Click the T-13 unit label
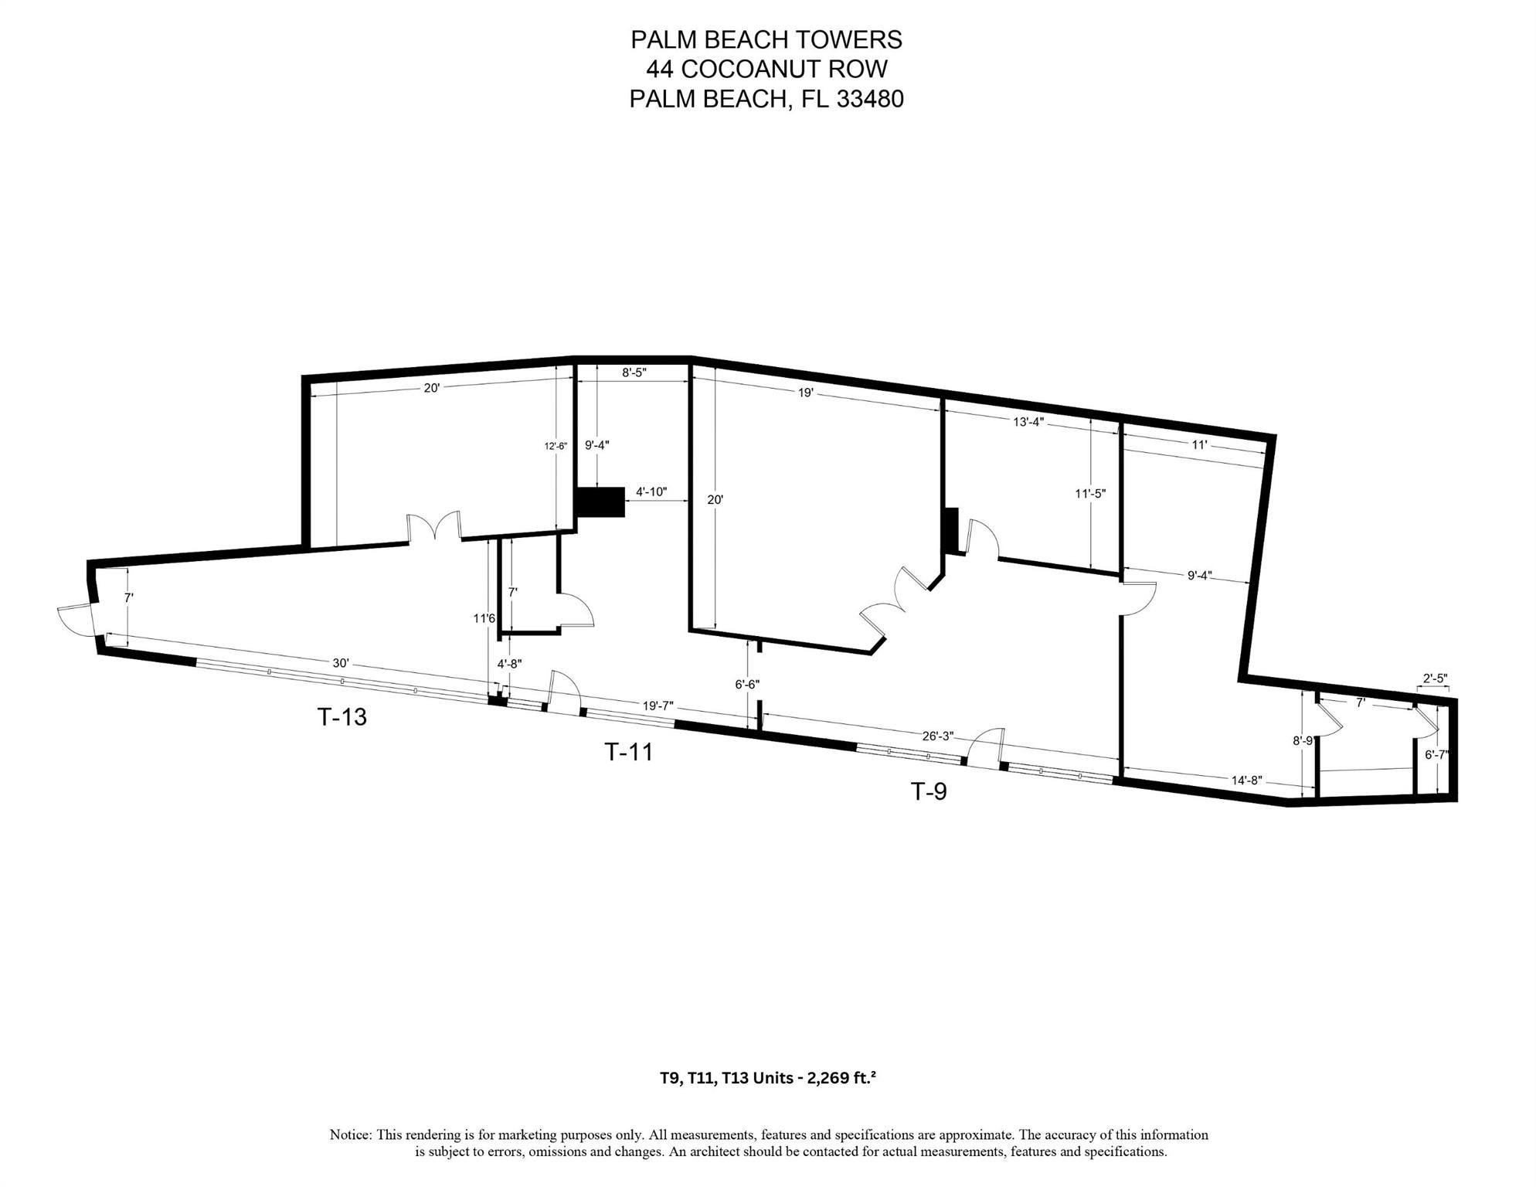(x=342, y=717)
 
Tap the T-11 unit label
(x=628, y=752)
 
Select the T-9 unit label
(x=929, y=791)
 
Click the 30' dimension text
(x=341, y=663)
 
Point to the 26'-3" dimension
(x=938, y=736)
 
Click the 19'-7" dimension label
(x=658, y=706)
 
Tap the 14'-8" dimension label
(x=1247, y=781)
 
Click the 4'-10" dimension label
(x=651, y=491)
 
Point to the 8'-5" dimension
(x=634, y=372)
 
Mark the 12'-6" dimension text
(x=556, y=446)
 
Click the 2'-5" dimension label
(x=1435, y=679)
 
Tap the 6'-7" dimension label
(x=1437, y=754)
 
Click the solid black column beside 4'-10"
(x=602, y=502)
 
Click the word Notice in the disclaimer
(x=351, y=1134)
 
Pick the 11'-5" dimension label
(x=1090, y=493)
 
